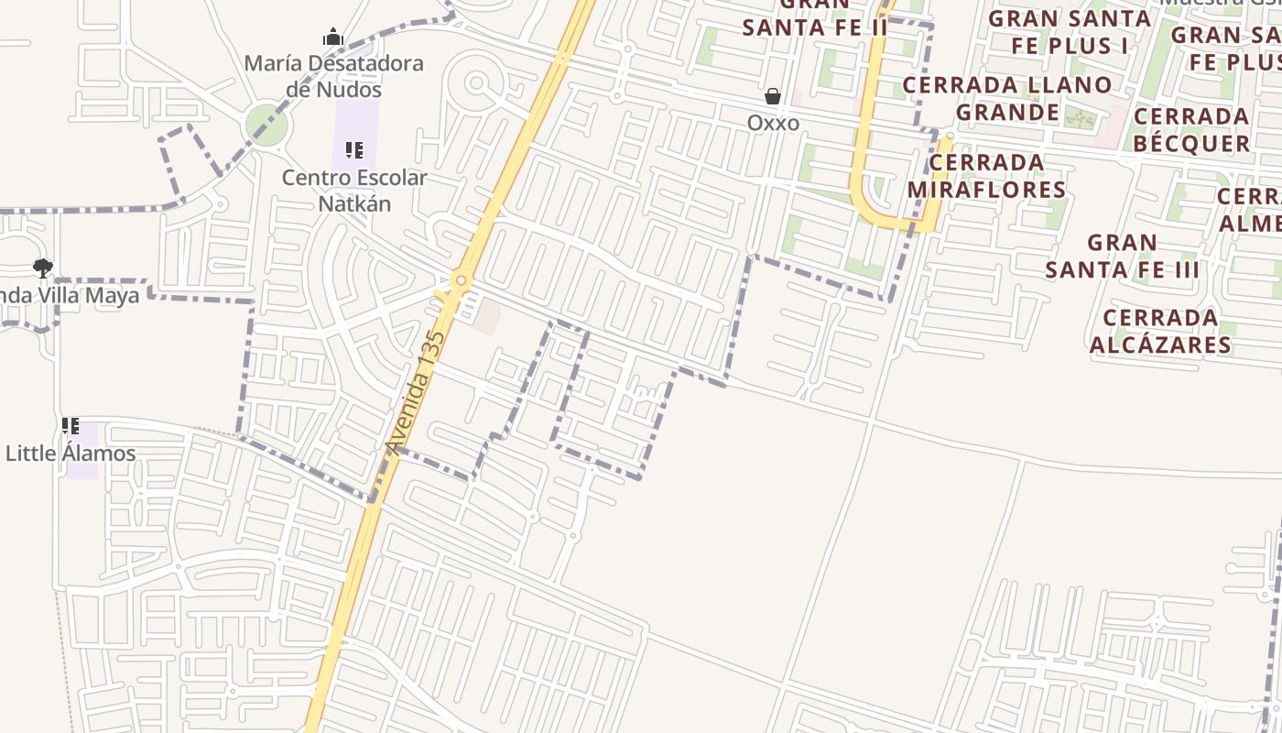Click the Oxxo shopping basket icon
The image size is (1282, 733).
coord(773,96)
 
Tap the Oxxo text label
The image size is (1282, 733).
coord(773,123)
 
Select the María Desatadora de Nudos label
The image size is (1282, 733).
coord(333,76)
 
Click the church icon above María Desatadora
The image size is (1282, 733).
coord(332,38)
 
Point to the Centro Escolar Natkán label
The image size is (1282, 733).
coord(354,190)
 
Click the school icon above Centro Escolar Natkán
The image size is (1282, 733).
coord(354,150)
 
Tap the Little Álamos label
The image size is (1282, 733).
coord(71,454)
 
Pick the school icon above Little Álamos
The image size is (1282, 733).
coord(71,426)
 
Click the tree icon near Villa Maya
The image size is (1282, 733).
coord(42,268)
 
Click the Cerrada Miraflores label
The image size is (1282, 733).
coord(986,176)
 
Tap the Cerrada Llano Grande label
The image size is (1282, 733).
coord(1007,98)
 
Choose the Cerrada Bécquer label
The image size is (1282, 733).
coord(1191,130)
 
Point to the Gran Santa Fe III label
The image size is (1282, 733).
coord(1123,257)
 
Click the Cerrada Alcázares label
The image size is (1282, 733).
coord(1160,331)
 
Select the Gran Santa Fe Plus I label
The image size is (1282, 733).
coord(1070,31)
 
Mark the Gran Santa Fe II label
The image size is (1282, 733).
coord(815,20)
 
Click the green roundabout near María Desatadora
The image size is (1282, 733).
coord(266,125)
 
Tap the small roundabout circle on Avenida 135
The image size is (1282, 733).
coord(461,279)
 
